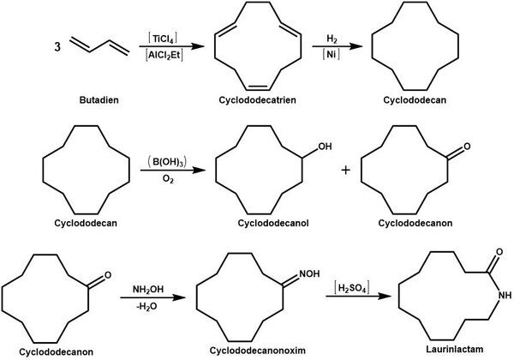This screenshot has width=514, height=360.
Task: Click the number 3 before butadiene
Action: [x=57, y=46]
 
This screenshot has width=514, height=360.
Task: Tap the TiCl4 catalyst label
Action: [x=163, y=39]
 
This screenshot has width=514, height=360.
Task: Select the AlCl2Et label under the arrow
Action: [x=164, y=55]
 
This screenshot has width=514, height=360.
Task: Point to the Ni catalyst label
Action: [x=331, y=54]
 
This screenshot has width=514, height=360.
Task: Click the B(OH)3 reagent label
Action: [x=167, y=162]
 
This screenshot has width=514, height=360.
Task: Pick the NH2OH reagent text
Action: [x=148, y=290]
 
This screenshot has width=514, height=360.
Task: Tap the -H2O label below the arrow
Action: [x=146, y=307]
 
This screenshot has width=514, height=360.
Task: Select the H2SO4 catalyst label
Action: [x=351, y=288]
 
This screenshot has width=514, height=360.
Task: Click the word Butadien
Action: [x=99, y=99]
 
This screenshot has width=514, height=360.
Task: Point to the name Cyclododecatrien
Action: [x=258, y=99]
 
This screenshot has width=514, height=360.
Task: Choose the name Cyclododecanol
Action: [x=273, y=223]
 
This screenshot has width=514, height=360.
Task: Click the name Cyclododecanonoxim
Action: [x=258, y=351]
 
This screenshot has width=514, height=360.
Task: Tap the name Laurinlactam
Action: [x=455, y=349]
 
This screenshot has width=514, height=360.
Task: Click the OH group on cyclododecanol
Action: [x=325, y=147]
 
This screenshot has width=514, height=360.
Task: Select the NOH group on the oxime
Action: [x=309, y=273]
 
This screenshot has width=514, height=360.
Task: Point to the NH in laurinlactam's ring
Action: [x=505, y=295]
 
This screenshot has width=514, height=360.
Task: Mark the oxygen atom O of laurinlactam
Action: [x=499, y=252]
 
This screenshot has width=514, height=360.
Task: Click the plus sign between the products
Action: [x=346, y=171]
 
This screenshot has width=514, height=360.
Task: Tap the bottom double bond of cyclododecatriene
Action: [x=258, y=87]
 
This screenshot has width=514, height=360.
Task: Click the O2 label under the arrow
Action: [x=168, y=179]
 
